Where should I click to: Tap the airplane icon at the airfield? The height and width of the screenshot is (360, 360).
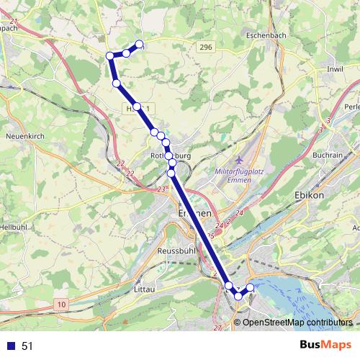click(240, 158)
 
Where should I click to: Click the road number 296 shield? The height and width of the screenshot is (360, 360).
click(207, 47)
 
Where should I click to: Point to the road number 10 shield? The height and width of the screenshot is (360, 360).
click(62, 305)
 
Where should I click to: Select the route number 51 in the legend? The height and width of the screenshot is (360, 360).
click(27, 346)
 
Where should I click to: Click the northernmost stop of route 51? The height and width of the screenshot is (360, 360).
click(139, 45)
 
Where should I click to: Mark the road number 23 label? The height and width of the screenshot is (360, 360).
click(161, 189)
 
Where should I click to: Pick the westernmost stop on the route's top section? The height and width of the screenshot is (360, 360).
click(110, 55)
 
